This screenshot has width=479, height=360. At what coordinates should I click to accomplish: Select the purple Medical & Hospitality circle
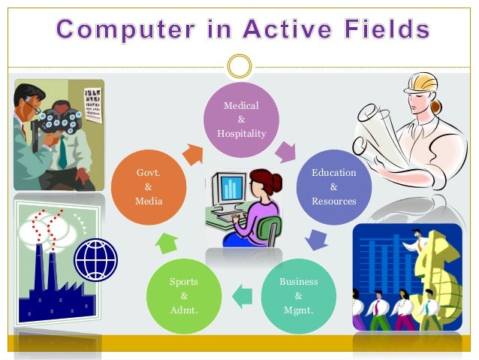tap(240, 120)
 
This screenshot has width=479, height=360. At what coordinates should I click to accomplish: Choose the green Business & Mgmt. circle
tap(298, 296)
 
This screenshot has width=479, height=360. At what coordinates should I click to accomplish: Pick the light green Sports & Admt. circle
tap(183, 296)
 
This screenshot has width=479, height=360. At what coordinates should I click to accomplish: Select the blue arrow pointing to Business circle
tap(316, 240)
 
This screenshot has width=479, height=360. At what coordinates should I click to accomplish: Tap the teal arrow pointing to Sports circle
tap(241, 298)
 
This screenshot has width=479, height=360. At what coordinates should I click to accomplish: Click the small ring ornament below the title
tap(239, 66)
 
